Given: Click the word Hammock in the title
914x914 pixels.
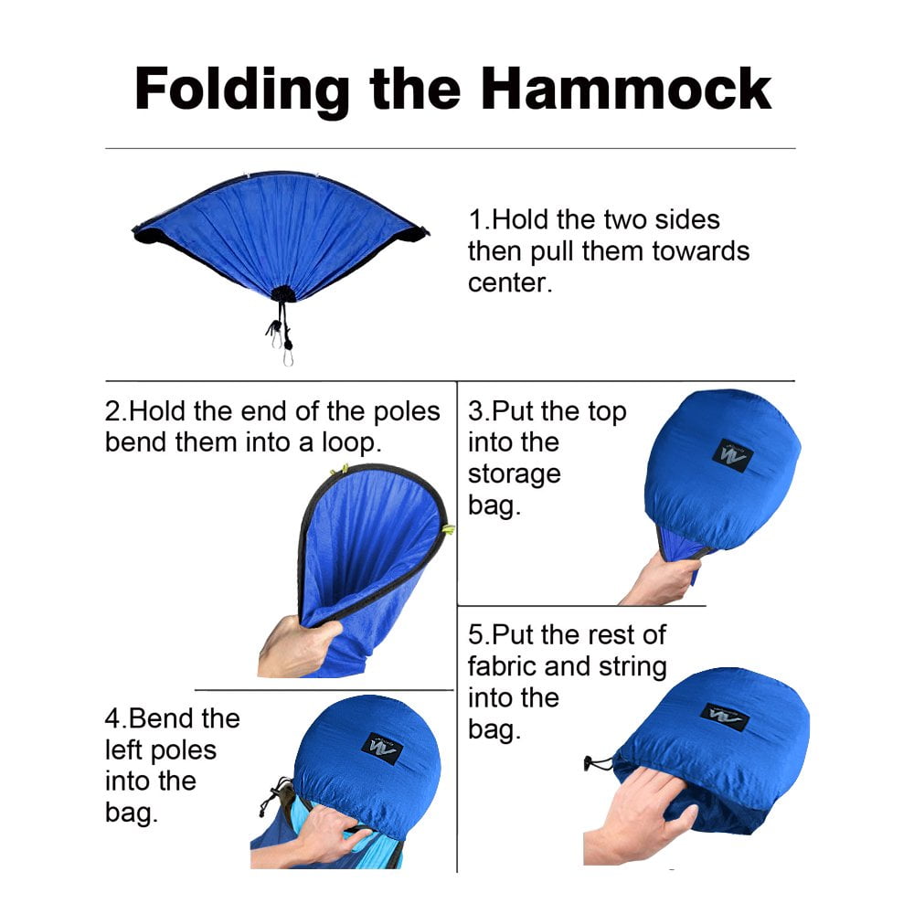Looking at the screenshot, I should (626, 89).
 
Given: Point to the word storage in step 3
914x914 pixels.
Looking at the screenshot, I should (514, 474).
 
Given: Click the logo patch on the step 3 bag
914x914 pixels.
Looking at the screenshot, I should (732, 454).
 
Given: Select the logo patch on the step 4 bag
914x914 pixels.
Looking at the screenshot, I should (382, 748).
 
